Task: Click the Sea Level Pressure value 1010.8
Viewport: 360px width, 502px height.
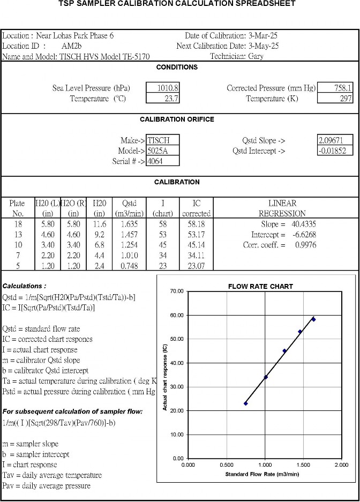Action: click(x=168, y=88)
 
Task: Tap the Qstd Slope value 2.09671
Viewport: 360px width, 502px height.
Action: click(x=335, y=140)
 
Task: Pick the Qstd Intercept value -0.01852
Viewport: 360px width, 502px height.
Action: click(x=335, y=151)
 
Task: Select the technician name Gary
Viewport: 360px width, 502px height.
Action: click(x=256, y=56)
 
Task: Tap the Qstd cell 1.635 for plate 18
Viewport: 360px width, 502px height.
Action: click(x=129, y=224)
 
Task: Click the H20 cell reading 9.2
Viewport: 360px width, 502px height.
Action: click(x=100, y=235)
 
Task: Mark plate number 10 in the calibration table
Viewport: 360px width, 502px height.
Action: click(x=18, y=245)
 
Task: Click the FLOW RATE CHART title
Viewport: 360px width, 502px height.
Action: click(x=260, y=286)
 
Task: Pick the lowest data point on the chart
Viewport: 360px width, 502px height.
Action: click(x=246, y=403)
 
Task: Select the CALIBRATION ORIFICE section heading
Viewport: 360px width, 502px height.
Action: click(x=177, y=119)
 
